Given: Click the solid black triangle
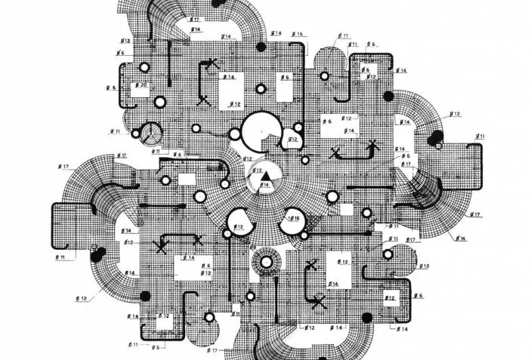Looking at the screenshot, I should pyautogui.click(x=265, y=177).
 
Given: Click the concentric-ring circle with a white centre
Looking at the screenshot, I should pyautogui.click(x=265, y=263).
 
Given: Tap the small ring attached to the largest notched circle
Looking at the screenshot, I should pyautogui.click(x=234, y=134).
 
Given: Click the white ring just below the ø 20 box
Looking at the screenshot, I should pyautogui.click(x=160, y=103).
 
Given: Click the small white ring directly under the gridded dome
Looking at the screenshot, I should pyautogui.click(x=325, y=76).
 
